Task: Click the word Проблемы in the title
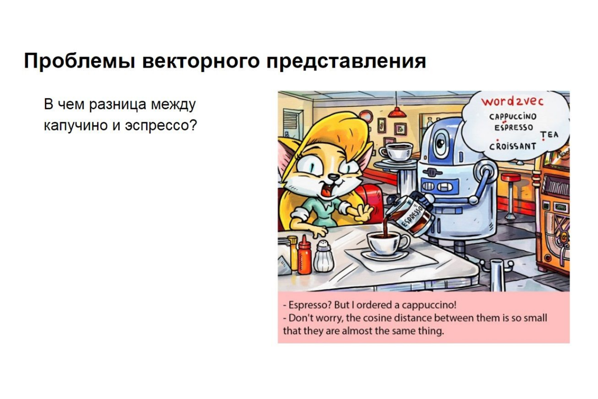pyautogui.click(x=79, y=62)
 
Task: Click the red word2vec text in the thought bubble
pyautogui.click(x=512, y=101)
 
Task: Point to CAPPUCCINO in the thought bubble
pyautogui.click(x=512, y=117)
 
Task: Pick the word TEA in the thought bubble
pyautogui.click(x=549, y=135)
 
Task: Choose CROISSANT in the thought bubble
pyautogui.click(x=512, y=146)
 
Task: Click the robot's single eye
pyautogui.click(x=441, y=144)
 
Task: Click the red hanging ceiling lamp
pyautogui.click(x=397, y=112)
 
